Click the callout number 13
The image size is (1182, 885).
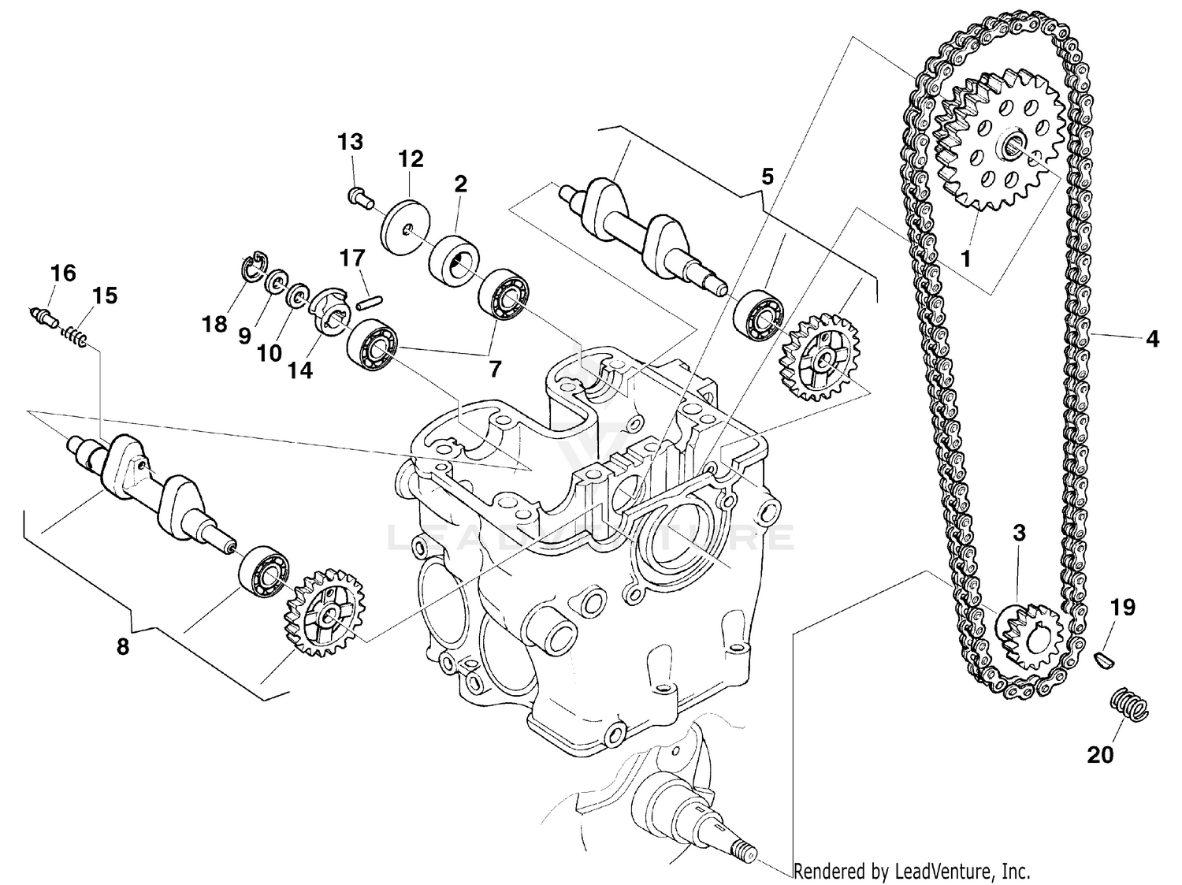[x=351, y=143]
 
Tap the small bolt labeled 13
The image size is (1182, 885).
[x=359, y=195]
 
